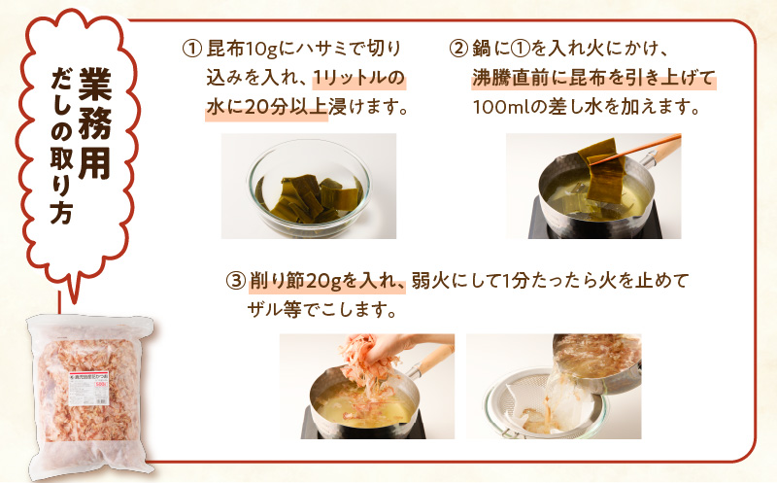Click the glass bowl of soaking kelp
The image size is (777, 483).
click(x=308, y=190)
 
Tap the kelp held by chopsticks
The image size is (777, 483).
click(x=601, y=169)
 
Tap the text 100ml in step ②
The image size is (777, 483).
click(x=499, y=107)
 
